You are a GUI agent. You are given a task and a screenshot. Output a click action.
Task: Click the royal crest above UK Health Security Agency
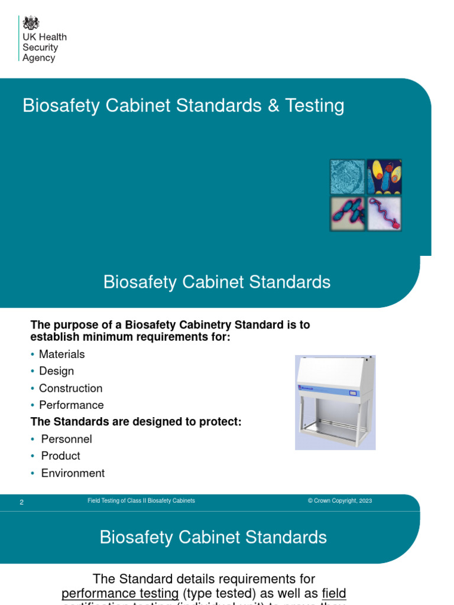point(31,24)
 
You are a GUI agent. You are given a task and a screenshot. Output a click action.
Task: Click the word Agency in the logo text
point(38,58)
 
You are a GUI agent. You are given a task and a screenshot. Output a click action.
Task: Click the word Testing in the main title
point(314,106)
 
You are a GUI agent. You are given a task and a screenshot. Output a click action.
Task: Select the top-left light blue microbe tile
point(348,177)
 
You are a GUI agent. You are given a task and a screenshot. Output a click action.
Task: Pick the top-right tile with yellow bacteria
point(384,177)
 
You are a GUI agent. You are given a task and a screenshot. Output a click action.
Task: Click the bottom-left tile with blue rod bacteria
point(348,213)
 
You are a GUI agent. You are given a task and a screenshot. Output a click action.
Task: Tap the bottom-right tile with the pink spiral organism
point(384,213)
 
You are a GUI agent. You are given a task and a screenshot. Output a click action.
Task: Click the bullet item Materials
point(61,354)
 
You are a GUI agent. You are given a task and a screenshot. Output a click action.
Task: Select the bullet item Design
point(56,371)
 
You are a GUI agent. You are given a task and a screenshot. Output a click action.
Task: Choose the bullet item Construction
point(70,388)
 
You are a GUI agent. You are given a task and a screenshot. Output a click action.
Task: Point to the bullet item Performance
point(71,405)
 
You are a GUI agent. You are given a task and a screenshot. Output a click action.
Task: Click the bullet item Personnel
point(66,440)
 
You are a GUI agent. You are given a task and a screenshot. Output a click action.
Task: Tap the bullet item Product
point(60,456)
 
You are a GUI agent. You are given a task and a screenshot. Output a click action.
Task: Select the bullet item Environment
point(73,473)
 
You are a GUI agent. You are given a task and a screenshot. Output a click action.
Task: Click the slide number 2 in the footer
point(22,502)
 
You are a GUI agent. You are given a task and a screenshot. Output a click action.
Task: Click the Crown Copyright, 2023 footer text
point(339,501)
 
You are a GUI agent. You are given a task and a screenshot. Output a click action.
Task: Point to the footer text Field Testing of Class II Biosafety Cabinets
point(141,501)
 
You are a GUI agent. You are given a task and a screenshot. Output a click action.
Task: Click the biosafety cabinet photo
point(335,402)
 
